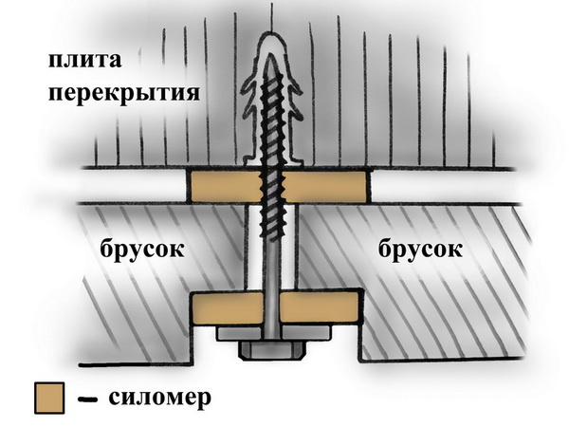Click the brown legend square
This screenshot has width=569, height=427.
click(x=47, y=398)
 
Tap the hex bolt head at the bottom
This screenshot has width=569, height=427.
click(x=272, y=350)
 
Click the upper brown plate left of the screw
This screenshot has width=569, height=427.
click(x=221, y=186)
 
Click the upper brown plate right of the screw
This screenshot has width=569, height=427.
click(x=327, y=186)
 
